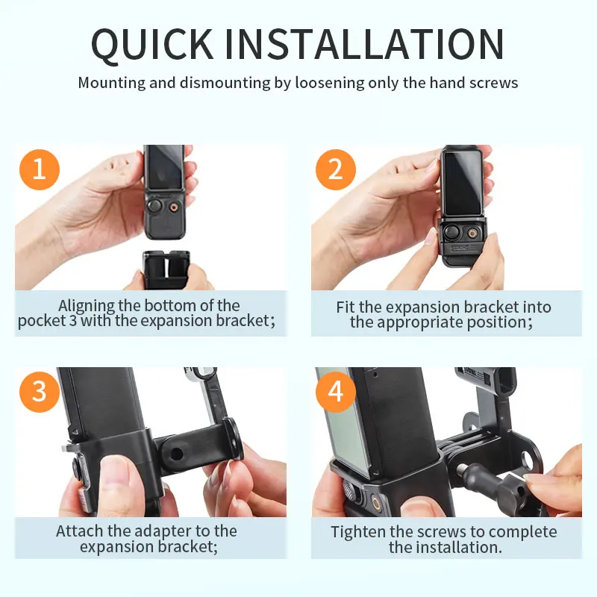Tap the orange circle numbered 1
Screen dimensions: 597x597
(40, 169)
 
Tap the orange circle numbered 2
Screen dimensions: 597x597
(335, 169)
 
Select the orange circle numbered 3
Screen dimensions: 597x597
(40, 391)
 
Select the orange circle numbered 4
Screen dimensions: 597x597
(335, 391)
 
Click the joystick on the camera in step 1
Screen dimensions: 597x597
(155, 207)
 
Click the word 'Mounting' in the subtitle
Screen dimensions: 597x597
(111, 82)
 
